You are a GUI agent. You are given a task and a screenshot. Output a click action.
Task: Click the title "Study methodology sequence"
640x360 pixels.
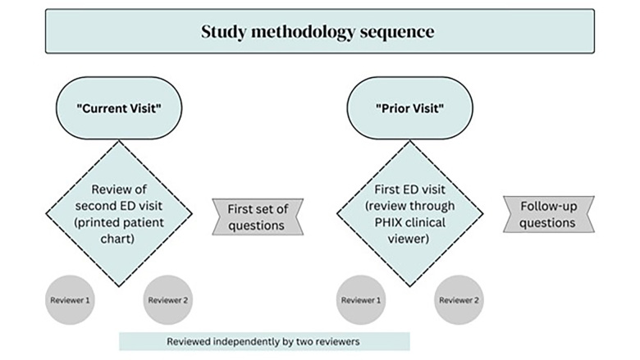pyautogui.click(x=319, y=32)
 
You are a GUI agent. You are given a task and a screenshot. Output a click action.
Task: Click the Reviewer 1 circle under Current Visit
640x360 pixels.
pyautogui.click(x=70, y=299)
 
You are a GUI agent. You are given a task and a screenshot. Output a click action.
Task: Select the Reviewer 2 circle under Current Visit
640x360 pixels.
pyautogui.click(x=169, y=299)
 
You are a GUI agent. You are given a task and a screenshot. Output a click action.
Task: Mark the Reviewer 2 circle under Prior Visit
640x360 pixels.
pyautogui.click(x=457, y=299)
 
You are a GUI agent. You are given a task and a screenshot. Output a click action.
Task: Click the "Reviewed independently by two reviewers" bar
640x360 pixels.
pyautogui.click(x=264, y=341)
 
